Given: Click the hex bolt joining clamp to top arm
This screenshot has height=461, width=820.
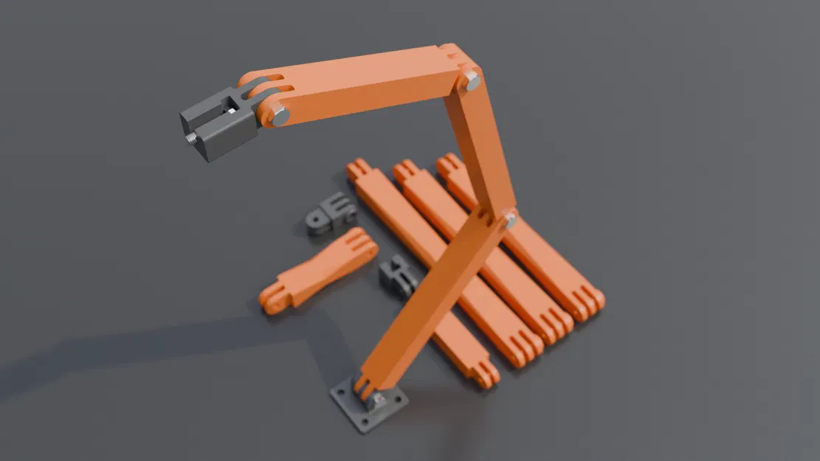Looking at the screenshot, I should point(280,116).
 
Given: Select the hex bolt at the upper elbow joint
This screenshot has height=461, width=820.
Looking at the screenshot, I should point(472,80).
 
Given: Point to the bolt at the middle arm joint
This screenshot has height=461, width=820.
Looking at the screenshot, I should point(509,219).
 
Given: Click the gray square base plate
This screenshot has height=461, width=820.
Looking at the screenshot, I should point(368,406).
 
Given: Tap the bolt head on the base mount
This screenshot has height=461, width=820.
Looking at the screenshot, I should point(377,399).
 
